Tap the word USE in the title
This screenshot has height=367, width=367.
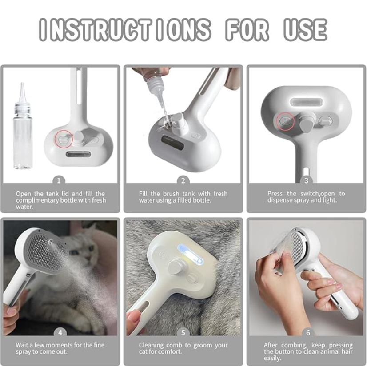pos(305,30)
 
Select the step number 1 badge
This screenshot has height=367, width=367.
pos(59,180)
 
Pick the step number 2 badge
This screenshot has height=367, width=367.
pos(183,180)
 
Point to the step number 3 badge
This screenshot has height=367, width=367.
pos(307,180)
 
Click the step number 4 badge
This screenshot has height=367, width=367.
pos(60,333)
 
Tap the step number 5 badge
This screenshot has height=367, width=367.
pos(183,333)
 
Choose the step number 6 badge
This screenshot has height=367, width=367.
pos(308,333)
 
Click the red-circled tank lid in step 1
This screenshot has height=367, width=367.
pos(64,140)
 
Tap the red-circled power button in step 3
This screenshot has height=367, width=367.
pos(286,121)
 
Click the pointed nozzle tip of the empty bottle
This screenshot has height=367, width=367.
pos(22,84)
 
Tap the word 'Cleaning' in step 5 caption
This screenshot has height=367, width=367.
pos(151,345)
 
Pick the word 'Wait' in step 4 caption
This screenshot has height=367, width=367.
pos(22,345)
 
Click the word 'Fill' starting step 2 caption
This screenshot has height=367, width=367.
pos(143,194)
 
